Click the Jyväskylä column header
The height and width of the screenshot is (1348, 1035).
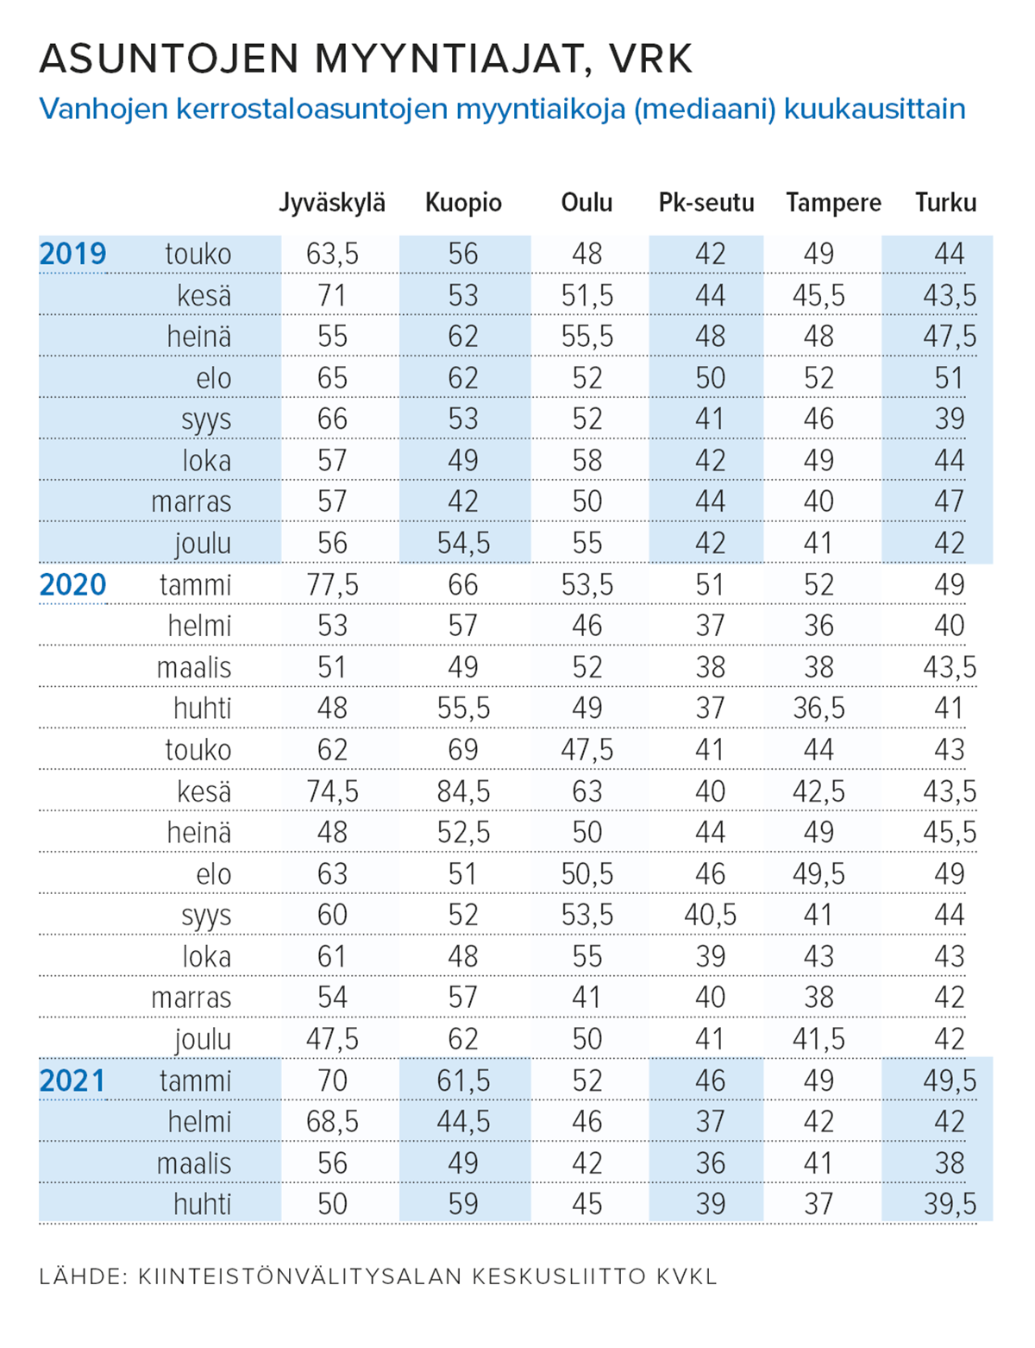tap(331, 204)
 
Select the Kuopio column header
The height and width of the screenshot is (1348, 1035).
tap(463, 204)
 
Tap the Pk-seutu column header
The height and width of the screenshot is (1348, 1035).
tap(706, 203)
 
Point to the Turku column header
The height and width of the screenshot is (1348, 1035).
tap(946, 203)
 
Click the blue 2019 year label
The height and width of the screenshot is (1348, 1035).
tap(72, 254)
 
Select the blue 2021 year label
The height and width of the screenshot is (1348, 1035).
tap(72, 1080)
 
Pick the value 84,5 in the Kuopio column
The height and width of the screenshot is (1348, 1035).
tap(463, 791)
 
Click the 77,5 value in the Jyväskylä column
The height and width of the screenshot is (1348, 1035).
tap(332, 585)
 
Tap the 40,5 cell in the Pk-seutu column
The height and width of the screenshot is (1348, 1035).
tap(710, 915)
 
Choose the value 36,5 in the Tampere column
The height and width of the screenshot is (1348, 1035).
tap(819, 709)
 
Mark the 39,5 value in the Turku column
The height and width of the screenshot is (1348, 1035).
tap(950, 1204)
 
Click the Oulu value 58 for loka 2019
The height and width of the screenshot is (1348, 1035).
tap(586, 460)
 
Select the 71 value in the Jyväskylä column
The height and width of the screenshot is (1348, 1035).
tap(332, 295)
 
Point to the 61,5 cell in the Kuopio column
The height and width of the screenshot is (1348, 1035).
tap(463, 1080)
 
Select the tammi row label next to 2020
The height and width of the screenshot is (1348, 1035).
tap(195, 585)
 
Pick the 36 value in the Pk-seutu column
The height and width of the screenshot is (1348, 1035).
tap(710, 1163)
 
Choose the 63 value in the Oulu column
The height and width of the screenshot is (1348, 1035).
tap(586, 791)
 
